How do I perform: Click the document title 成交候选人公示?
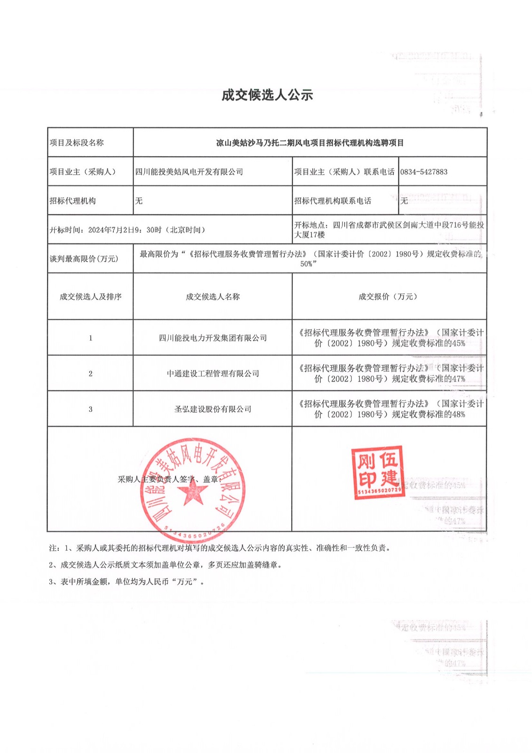267,95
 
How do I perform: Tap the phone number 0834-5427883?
424,172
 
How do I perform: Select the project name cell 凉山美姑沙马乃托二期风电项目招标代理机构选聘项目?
310,143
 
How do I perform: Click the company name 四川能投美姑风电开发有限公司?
189,172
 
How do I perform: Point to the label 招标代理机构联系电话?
333,201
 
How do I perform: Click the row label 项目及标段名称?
77,143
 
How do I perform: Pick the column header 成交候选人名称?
213,296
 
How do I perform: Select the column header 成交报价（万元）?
388,296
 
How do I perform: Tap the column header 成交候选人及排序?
90,296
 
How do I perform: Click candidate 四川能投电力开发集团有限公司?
213,338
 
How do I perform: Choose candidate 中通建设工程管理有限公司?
213,374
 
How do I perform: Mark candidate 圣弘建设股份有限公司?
213,409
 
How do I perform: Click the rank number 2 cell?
90,374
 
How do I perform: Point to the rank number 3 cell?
90,409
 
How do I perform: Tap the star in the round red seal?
192,492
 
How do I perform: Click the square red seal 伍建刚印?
378,472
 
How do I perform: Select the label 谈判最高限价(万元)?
84,259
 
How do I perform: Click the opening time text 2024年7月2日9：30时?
127,230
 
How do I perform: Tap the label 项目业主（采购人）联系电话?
344,172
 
